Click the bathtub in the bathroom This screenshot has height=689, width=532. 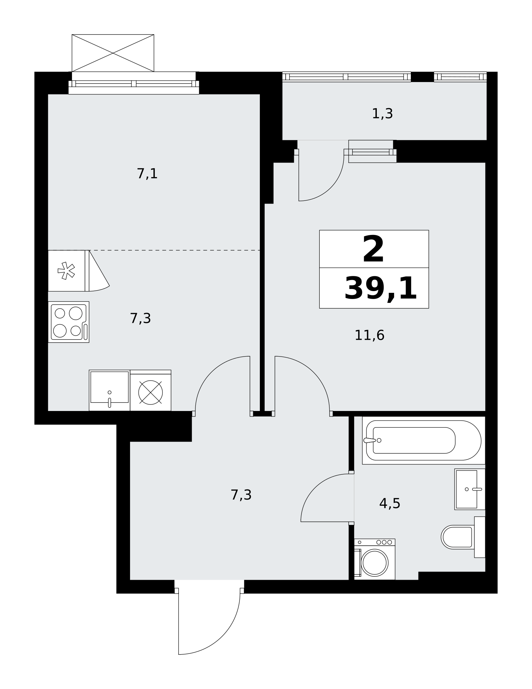424,440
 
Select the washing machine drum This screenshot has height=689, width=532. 374,563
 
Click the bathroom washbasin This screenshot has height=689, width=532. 470,489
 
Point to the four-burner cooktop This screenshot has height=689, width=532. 68,322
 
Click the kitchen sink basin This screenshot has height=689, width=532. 109,390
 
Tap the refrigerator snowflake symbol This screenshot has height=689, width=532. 66,271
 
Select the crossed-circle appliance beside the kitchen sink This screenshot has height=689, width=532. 150,392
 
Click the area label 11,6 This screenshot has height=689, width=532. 369,335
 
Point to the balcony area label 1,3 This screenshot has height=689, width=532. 382,113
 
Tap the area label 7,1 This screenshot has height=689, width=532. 147,174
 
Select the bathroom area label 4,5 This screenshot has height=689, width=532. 390,504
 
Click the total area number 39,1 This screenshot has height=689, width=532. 381,289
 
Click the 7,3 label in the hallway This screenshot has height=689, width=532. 241,495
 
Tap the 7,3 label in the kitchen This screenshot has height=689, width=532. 140,318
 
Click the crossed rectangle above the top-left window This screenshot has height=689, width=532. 113,53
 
